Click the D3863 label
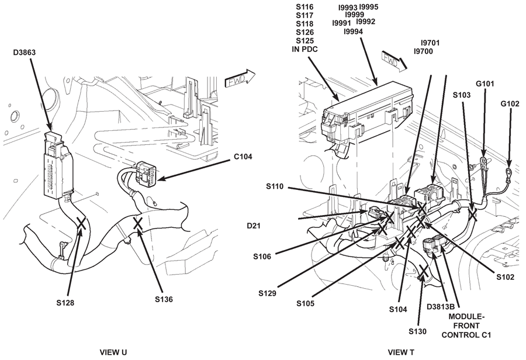click(25, 53)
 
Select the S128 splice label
click(65, 303)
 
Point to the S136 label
click(164, 299)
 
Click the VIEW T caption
click(401, 352)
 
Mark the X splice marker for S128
click(81, 223)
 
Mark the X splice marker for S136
click(139, 223)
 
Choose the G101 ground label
click(485, 84)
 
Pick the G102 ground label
click(510, 105)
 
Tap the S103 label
click(462, 94)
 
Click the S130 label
click(418, 331)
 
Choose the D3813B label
click(441, 307)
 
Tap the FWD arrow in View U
click(240, 78)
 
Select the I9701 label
click(431, 43)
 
